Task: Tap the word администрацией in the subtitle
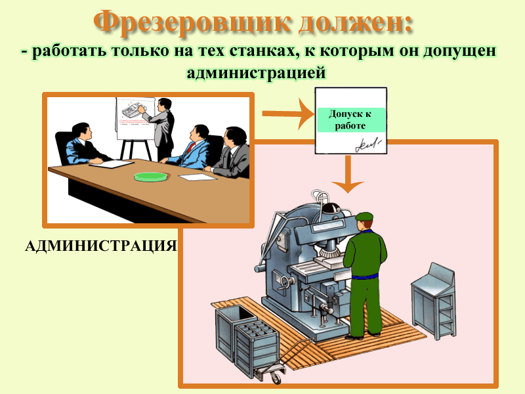[256, 72]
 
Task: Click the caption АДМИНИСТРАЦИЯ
[101, 246]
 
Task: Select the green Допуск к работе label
[350, 120]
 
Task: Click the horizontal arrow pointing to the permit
[288, 114]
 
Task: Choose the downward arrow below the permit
[348, 174]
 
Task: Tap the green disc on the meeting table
[151, 177]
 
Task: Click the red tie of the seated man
[191, 147]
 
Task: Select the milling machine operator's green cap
[364, 217]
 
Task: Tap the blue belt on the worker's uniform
[365, 276]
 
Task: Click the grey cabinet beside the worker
[432, 301]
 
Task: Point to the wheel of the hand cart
[276, 378]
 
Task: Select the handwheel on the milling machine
[285, 282]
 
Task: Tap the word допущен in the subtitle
[459, 51]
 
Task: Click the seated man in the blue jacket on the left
[84, 144]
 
